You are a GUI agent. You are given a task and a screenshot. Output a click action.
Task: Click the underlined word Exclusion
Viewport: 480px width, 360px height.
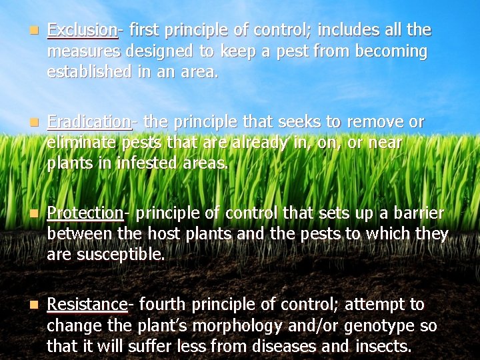(x=82, y=30)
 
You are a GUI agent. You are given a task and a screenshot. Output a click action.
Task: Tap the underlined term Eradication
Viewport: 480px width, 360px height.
(x=89, y=122)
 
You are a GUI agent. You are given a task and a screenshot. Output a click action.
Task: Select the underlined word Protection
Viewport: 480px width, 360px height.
(x=85, y=213)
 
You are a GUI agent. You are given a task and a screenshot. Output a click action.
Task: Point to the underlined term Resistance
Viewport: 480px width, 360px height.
(x=87, y=305)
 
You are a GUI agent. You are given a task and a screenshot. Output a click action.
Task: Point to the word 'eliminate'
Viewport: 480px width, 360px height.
(x=79, y=143)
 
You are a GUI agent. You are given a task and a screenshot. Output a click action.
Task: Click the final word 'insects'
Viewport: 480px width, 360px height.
(x=386, y=347)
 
